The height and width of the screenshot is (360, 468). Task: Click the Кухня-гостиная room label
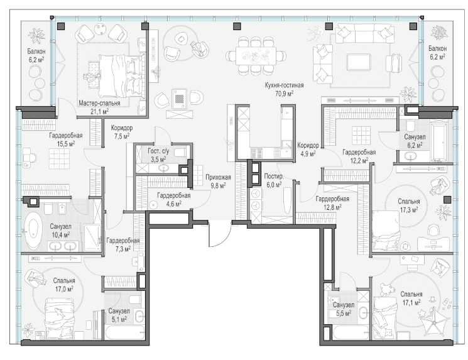[x=284, y=85]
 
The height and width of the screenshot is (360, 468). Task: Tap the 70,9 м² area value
[x=284, y=94]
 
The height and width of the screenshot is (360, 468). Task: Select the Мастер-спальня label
[x=99, y=103]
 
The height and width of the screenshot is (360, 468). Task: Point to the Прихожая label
[x=218, y=177]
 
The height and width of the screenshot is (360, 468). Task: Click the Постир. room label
[x=274, y=177]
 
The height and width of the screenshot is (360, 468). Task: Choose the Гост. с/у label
[x=158, y=151]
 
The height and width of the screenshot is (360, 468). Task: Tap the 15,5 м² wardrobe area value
[x=66, y=144]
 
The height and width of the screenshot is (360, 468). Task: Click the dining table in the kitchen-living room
[x=256, y=55]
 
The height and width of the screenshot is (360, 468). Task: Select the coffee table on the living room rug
[x=358, y=62]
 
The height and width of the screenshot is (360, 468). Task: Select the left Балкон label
[x=36, y=52]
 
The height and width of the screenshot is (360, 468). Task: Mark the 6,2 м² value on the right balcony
[x=438, y=57]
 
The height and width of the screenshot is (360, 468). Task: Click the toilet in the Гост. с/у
[x=180, y=153]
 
